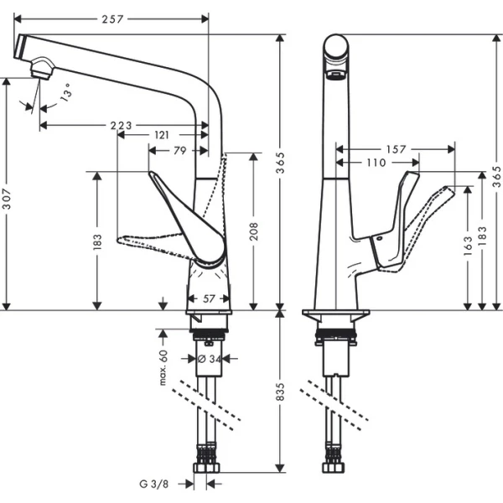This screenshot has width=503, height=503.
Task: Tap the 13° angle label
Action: point(66,95)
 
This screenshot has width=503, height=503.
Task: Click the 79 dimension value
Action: point(179,151)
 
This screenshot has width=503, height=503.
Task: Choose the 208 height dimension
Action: point(255,232)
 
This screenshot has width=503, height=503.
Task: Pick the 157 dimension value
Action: point(397,150)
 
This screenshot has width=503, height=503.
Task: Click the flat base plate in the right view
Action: point(335,314)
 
